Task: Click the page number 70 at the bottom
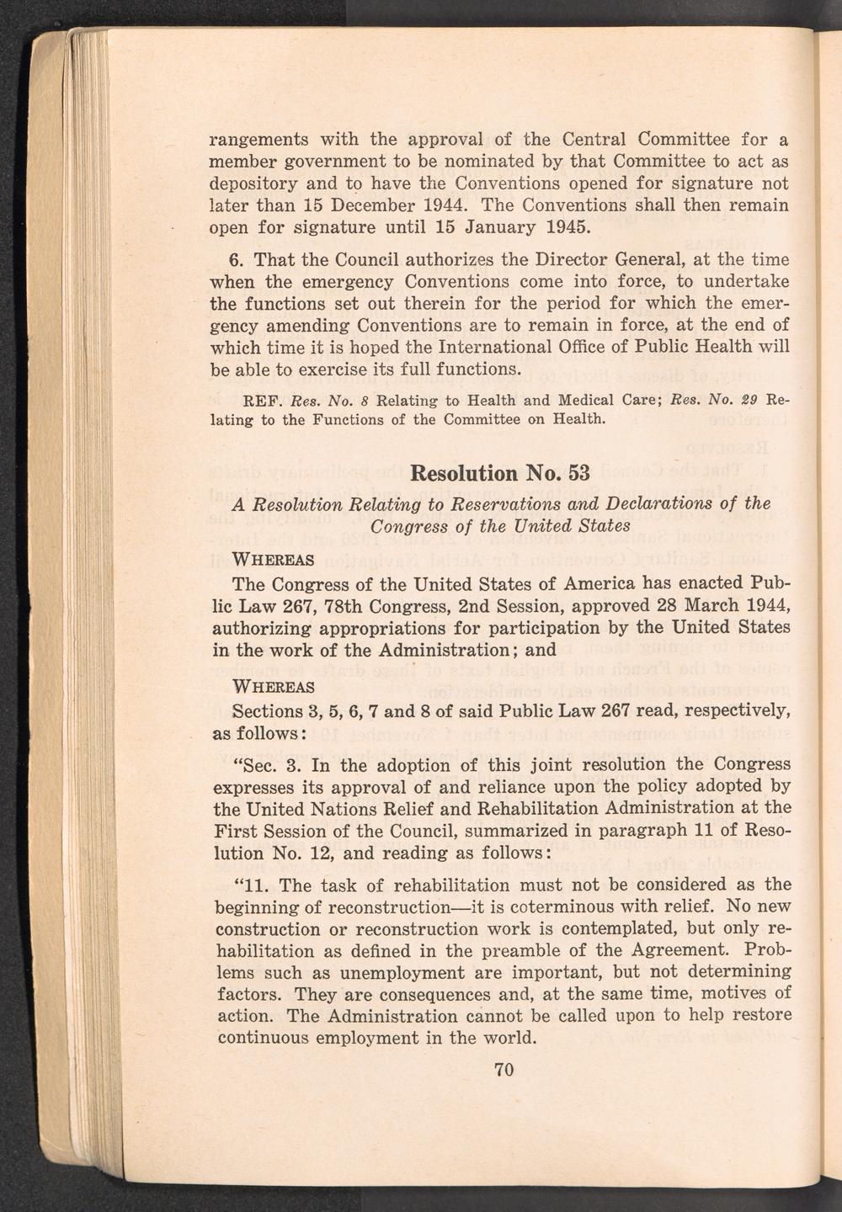(504, 1070)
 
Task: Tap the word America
(591, 583)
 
